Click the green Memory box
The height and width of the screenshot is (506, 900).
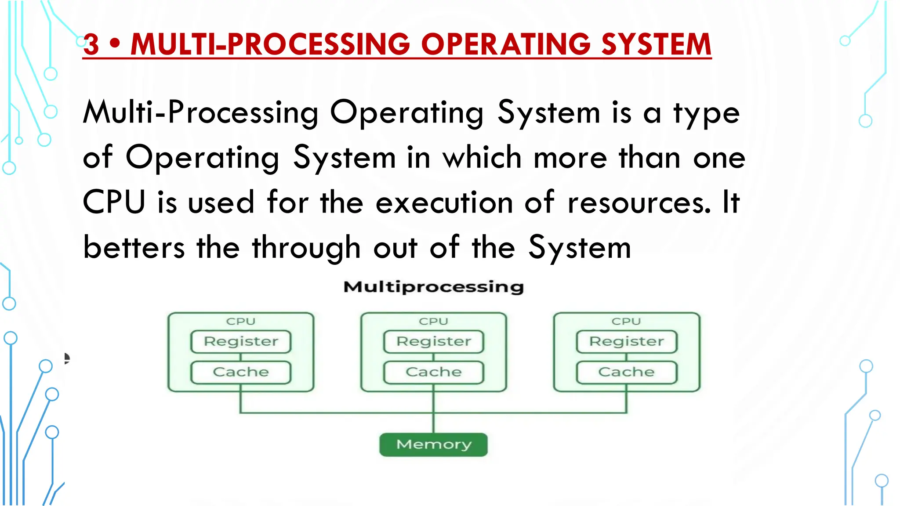click(433, 445)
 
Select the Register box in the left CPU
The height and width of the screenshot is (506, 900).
click(241, 342)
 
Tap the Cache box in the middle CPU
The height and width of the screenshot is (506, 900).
click(433, 372)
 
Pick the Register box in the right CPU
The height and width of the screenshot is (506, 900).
click(626, 342)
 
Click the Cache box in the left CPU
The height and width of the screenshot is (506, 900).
click(241, 372)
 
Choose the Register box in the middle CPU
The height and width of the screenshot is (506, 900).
click(433, 342)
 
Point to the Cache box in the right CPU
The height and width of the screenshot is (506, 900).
click(626, 372)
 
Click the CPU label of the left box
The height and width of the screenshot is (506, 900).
click(241, 322)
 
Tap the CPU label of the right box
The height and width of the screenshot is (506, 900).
click(626, 322)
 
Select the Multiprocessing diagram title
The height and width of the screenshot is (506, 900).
click(433, 287)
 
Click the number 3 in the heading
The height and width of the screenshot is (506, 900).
click(91, 45)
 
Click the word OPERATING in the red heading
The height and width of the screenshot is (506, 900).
click(505, 45)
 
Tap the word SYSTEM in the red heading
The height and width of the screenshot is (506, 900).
click(656, 45)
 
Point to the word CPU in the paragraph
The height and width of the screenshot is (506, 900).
click(114, 202)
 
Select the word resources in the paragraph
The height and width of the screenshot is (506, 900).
click(639, 203)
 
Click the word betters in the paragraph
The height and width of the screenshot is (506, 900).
click(134, 247)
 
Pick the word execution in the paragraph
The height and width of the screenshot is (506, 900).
click(444, 203)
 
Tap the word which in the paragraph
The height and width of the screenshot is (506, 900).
click(482, 157)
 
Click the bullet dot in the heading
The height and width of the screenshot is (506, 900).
click(115, 44)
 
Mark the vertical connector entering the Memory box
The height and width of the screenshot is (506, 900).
click(433, 423)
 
